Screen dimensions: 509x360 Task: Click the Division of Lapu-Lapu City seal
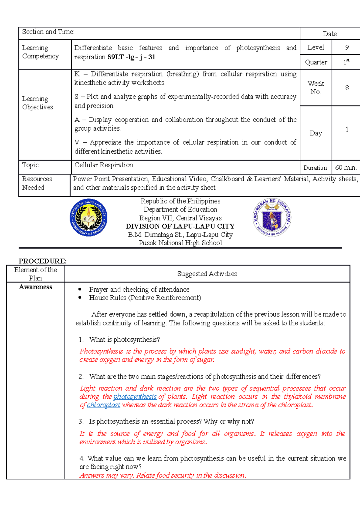pyautogui.click(x=88, y=218)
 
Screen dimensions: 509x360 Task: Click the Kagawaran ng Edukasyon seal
pyautogui.click(x=272, y=217)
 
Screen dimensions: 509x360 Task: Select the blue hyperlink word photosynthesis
pyautogui.click(x=135, y=397)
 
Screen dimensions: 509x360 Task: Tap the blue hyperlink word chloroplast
pyautogui.click(x=103, y=405)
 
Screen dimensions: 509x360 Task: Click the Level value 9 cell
pyautogui.click(x=347, y=47)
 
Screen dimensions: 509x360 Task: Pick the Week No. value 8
pyautogui.click(x=347, y=88)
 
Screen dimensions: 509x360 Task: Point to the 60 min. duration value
pyautogui.click(x=346, y=168)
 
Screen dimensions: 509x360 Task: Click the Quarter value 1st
pyautogui.click(x=346, y=62)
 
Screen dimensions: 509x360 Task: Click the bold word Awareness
pyautogui.click(x=35, y=287)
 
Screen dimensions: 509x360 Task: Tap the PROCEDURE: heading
pyautogui.click(x=43, y=261)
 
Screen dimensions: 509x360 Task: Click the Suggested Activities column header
pyautogui.click(x=207, y=274)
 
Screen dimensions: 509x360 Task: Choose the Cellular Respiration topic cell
pyautogui.click(x=104, y=165)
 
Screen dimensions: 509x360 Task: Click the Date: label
pyautogui.click(x=331, y=34)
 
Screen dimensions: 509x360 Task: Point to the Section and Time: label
pyautogui.click(x=48, y=32)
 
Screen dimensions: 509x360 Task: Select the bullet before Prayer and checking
pyautogui.click(x=80, y=289)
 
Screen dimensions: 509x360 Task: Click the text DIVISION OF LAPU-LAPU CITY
pyautogui.click(x=180, y=226)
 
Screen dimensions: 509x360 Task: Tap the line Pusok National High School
pyautogui.click(x=180, y=243)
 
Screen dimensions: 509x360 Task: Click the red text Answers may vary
pyautogui.click(x=107, y=475)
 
